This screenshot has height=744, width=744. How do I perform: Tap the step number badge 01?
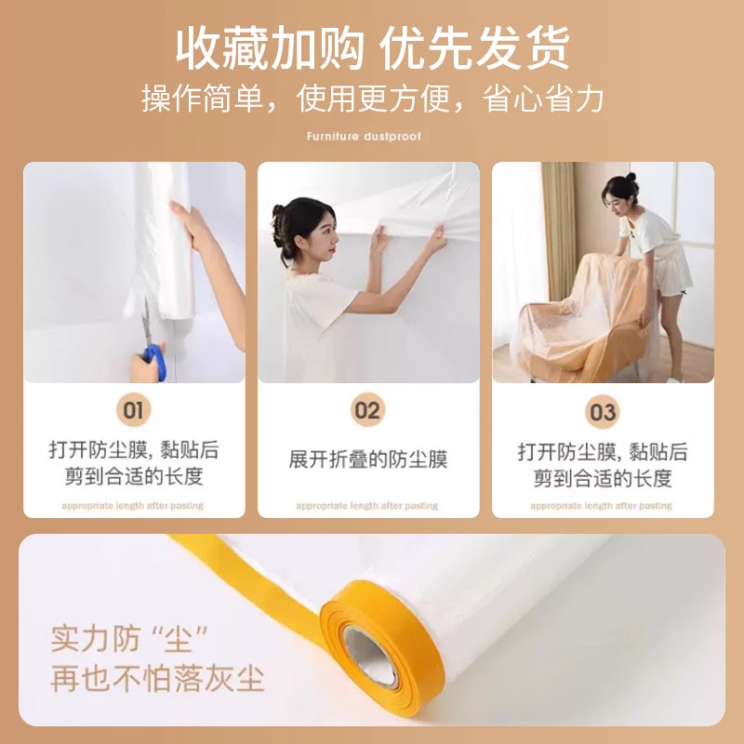coord(133,409)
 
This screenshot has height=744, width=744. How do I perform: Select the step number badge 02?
coord(368,409)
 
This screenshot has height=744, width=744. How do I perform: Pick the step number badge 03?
coord(603,409)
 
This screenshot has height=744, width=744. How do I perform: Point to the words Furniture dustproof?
coord(364,137)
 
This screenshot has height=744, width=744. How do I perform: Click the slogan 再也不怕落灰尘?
coord(158,678)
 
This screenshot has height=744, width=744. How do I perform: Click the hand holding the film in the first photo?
coord(193,226)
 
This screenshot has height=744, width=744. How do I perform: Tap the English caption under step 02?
coord(367,506)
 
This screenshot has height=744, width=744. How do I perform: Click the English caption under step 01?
coord(133,506)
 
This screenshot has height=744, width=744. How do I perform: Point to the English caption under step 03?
coord(602,506)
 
